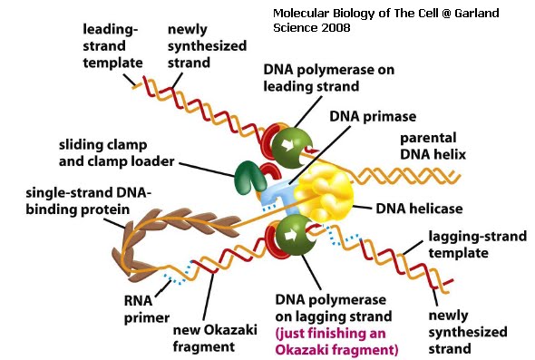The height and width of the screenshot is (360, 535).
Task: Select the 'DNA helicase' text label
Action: [420, 208]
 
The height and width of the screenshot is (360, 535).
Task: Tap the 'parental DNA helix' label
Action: [433, 146]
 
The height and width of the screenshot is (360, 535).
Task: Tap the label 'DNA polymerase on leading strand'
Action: [325, 78]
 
